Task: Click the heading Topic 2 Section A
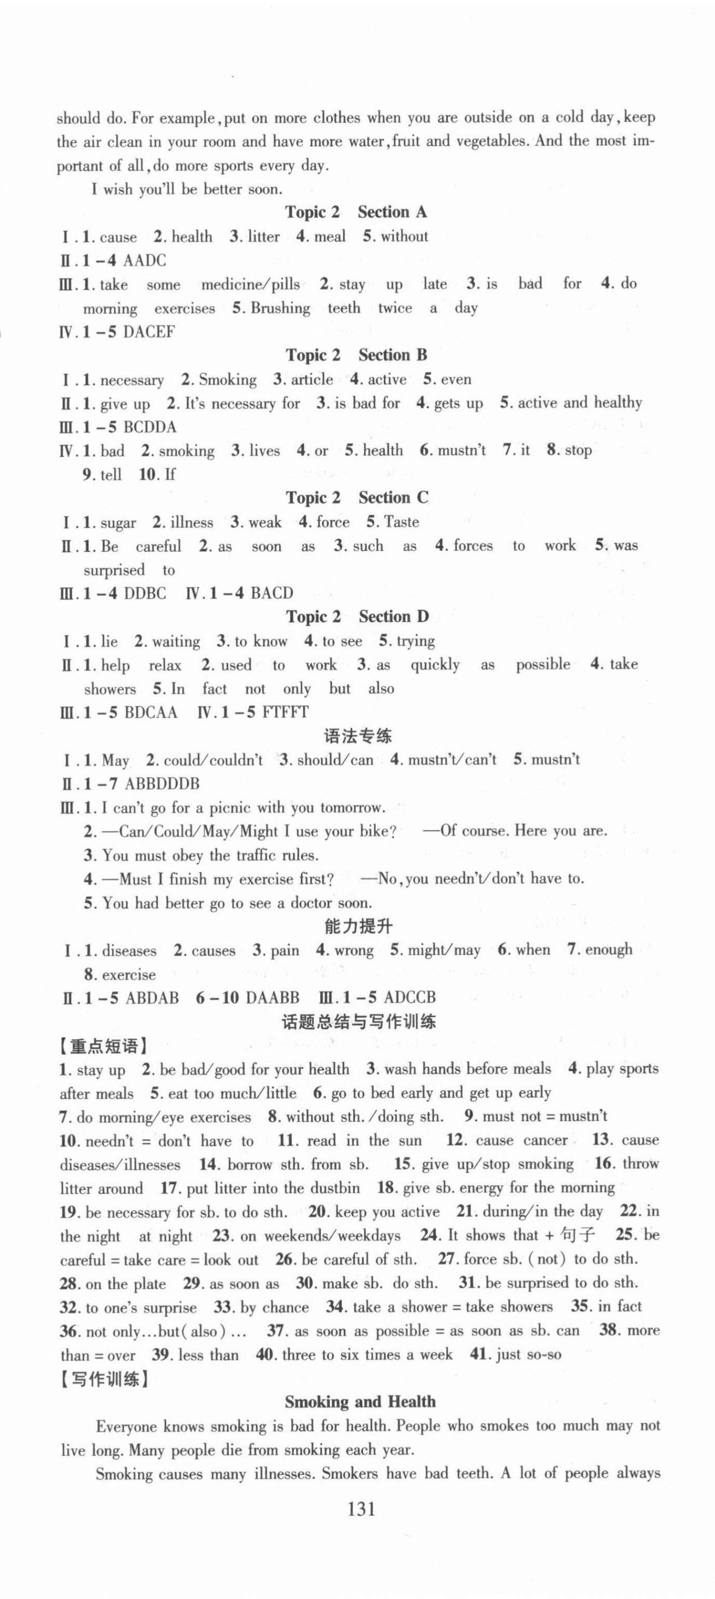pyautogui.click(x=356, y=212)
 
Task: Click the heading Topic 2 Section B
pyautogui.click(x=356, y=355)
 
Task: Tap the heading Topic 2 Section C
pyautogui.click(x=356, y=498)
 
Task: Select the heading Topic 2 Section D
pyautogui.click(x=356, y=617)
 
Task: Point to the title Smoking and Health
pyautogui.click(x=360, y=1401)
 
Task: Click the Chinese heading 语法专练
pyautogui.click(x=358, y=736)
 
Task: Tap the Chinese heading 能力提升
pyautogui.click(x=359, y=927)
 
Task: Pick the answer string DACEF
pyautogui.click(x=149, y=332)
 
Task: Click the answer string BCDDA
pyautogui.click(x=150, y=427)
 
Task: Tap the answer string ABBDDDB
pyautogui.click(x=162, y=784)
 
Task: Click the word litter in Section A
pyautogui.click(x=263, y=236)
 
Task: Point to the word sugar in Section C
pyautogui.click(x=118, y=523)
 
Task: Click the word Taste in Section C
pyautogui.click(x=401, y=522)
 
